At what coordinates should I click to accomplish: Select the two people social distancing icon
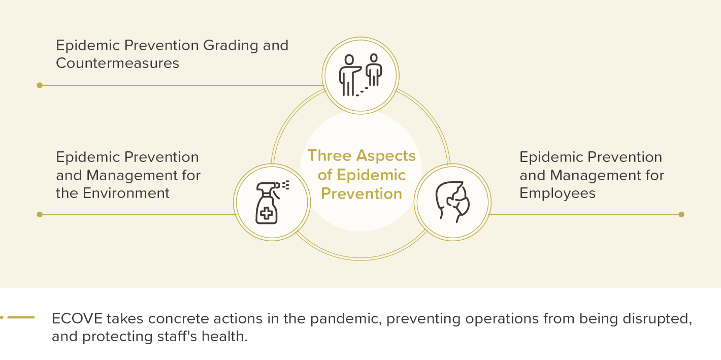tap(360, 75)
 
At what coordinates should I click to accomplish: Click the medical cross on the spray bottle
tap(266, 213)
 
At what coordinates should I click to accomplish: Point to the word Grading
tap(231, 46)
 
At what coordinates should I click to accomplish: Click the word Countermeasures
tap(117, 63)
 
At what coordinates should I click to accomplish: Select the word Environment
tap(126, 193)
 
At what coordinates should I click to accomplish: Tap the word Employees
tap(558, 194)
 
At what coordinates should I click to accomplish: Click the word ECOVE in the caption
tap(77, 318)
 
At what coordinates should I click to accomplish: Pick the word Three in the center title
tap(330, 155)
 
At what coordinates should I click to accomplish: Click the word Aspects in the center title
tap(386, 156)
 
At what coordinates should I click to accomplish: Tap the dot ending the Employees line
tap(681, 214)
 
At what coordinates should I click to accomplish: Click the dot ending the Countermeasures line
tap(40, 85)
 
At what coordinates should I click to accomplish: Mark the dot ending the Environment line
tap(40, 214)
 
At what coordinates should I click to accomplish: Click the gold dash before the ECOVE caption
tap(21, 317)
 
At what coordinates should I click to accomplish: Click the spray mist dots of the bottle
tap(285, 185)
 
